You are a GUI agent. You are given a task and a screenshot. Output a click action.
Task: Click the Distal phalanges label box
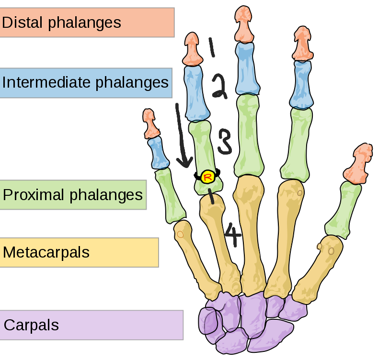click(x=87, y=22)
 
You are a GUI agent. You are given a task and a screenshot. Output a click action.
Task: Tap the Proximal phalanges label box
click(x=73, y=195)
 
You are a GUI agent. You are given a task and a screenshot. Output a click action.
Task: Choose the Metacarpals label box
click(x=79, y=252)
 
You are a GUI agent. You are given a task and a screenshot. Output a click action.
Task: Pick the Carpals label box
click(x=92, y=325)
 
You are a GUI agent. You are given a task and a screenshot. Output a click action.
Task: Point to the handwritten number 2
click(x=219, y=86)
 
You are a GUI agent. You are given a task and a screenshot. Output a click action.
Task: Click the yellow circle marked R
click(x=208, y=177)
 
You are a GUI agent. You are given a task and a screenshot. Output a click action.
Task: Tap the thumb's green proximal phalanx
click(x=343, y=211)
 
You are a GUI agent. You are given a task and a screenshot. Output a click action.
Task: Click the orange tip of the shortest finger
click(x=150, y=124)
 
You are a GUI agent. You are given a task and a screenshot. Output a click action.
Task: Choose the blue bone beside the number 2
click(x=196, y=93)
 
